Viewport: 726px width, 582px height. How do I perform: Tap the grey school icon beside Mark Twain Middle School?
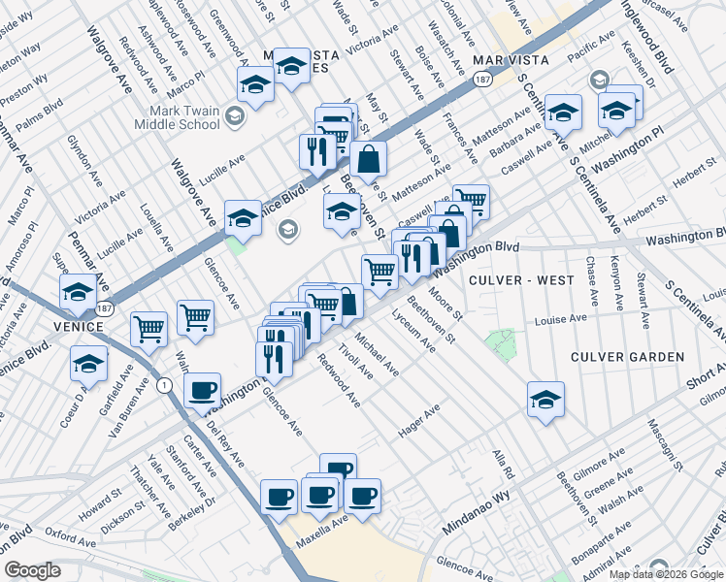(234, 117)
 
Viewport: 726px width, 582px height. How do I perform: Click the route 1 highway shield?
(166, 386)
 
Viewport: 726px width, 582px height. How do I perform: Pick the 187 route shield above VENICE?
(104, 309)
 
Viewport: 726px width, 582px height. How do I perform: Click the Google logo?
(32, 570)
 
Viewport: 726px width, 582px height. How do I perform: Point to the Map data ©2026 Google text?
(666, 574)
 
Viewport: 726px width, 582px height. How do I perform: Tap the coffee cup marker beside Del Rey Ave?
(202, 390)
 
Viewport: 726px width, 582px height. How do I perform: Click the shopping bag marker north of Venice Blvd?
(369, 159)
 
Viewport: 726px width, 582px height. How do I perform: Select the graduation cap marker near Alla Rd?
(545, 398)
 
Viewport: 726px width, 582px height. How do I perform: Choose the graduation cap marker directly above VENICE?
(78, 291)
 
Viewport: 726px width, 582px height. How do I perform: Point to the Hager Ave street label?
(419, 423)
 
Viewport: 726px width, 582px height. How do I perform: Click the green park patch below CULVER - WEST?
(501, 342)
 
